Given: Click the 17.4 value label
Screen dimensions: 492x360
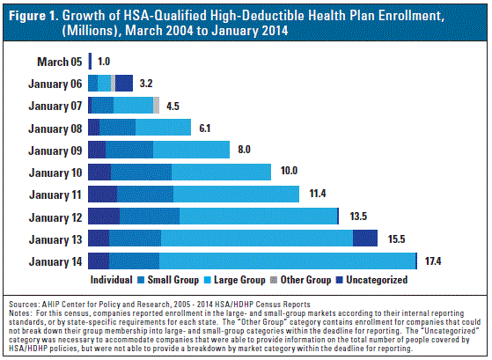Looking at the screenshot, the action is (x=433, y=261).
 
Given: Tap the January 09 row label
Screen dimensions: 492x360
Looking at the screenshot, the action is (x=55, y=151).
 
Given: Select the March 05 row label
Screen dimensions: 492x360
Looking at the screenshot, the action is (x=59, y=62).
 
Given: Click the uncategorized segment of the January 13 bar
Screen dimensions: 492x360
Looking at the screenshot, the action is (x=365, y=239).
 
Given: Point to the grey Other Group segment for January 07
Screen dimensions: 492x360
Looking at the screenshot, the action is (x=157, y=105).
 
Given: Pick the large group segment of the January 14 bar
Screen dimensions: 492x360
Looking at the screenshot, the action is (x=288, y=261).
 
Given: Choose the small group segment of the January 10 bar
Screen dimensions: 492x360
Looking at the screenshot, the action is (x=141, y=172).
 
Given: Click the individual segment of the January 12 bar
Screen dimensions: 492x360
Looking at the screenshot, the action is (x=104, y=216).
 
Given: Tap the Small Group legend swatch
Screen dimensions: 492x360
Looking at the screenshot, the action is (x=141, y=280).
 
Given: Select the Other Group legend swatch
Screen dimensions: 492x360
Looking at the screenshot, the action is (x=274, y=280).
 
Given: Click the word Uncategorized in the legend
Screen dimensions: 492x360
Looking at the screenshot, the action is (x=377, y=280).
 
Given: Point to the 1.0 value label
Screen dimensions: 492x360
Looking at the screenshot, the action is (x=104, y=62).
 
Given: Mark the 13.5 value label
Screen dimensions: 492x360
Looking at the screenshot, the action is (x=358, y=217).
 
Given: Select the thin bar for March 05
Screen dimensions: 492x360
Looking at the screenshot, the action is (x=90, y=61).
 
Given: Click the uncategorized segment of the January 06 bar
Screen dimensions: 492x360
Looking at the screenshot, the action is (x=124, y=83).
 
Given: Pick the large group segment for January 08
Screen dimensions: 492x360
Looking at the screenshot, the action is (x=163, y=127).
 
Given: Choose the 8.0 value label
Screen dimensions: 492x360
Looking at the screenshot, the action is (x=244, y=149).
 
